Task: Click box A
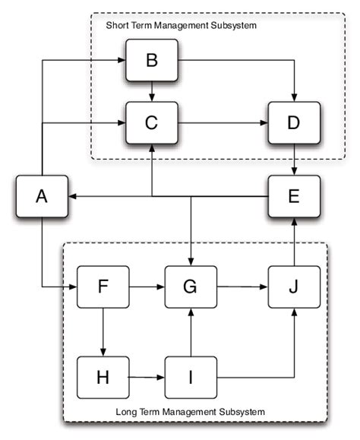(x=40, y=196)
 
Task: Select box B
(x=151, y=62)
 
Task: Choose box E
(x=294, y=196)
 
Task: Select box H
(x=103, y=376)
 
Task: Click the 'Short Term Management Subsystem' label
(x=181, y=26)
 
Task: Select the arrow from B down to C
(x=151, y=91)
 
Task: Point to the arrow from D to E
(x=294, y=160)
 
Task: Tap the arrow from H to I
(x=146, y=376)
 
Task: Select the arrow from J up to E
(x=294, y=242)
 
